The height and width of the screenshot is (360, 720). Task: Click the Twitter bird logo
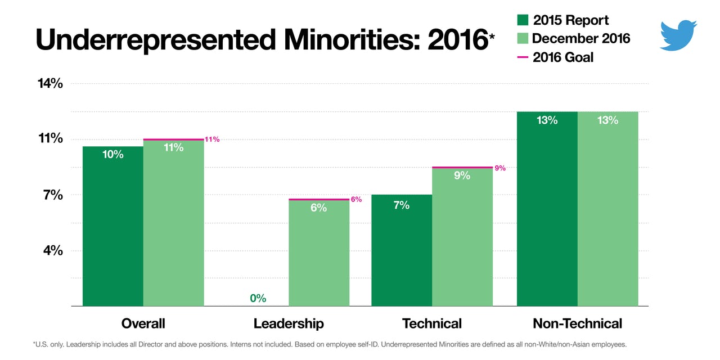click(678, 35)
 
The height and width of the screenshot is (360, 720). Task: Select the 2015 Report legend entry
click(562, 20)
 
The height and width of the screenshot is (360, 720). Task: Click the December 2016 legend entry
click(573, 38)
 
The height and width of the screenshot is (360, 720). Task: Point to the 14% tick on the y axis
click(49, 84)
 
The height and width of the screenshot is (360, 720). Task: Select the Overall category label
click(143, 323)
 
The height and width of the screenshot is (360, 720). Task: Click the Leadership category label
click(289, 323)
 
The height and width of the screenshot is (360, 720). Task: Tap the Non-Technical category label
click(577, 323)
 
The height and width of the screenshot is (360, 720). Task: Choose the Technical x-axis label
click(431, 323)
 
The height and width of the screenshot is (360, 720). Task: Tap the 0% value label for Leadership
click(258, 298)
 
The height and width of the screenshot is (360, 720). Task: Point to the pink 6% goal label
click(356, 199)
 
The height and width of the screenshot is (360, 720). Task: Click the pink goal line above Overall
click(173, 139)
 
